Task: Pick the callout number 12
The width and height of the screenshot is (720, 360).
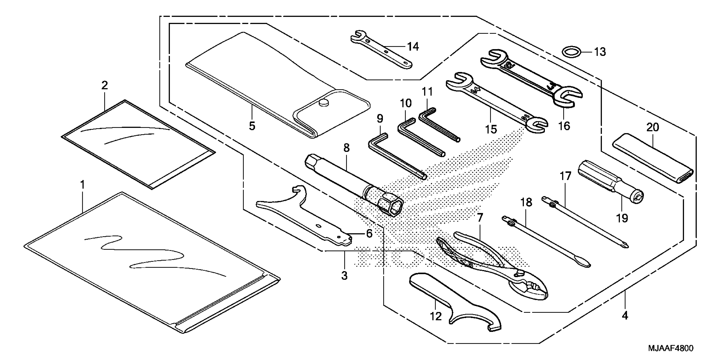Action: coord(435,316)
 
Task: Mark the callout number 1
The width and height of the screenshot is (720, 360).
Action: coord(82,184)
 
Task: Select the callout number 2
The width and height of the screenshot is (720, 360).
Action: coord(105,86)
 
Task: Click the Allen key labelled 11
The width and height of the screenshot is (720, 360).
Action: coord(439,124)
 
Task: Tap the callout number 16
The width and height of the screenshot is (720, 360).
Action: coord(564,126)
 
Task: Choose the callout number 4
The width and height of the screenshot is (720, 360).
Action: coord(625,316)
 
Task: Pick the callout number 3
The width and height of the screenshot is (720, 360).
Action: coord(344,275)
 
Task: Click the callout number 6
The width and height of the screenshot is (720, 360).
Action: coord(369,233)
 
